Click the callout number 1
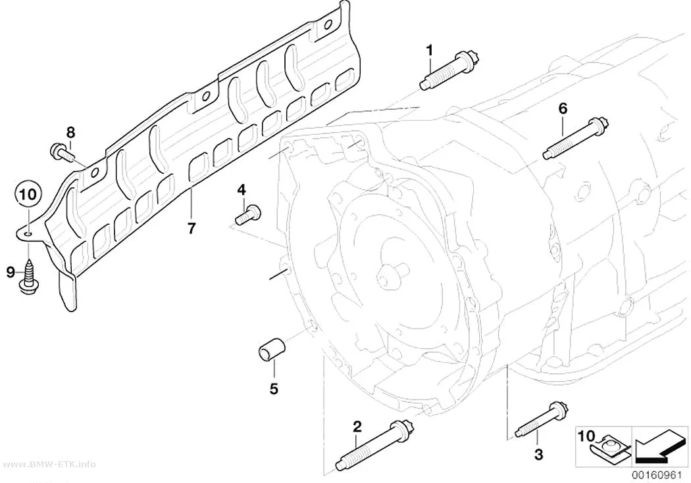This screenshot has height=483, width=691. point(429,51)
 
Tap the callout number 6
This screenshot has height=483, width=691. point(563,108)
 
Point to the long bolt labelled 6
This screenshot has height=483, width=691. point(576,138)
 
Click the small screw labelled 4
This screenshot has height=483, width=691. point(249,215)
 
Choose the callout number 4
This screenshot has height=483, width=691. point(242,190)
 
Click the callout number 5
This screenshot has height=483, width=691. point(274,388)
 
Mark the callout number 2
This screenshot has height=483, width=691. point(357,426)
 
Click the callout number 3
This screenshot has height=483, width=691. point(538,454)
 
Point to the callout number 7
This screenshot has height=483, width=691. point(191,228)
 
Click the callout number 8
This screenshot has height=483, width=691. point(71,131)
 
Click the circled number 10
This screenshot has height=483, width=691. point(28,194)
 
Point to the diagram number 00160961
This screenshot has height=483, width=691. point(659,476)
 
